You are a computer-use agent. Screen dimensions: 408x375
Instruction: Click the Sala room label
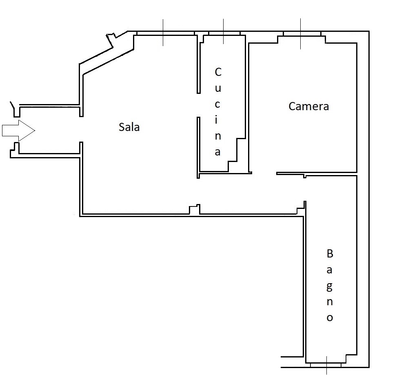[129, 127]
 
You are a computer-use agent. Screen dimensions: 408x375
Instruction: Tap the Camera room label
[308, 106]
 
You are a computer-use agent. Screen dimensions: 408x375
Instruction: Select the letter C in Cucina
[218, 72]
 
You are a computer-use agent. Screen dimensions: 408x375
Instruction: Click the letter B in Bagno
[330, 253]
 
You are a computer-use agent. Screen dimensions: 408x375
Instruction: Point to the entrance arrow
[18, 131]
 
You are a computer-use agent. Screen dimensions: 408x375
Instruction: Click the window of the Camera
[302, 34]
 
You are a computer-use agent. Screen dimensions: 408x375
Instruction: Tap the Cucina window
[224, 33]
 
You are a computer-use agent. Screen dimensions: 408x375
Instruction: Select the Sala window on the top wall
[166, 33]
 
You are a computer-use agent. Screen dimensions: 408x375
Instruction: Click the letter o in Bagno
[330, 318]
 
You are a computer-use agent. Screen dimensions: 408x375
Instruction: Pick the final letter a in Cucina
[218, 152]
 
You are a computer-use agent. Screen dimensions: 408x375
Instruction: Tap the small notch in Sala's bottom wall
[194, 209]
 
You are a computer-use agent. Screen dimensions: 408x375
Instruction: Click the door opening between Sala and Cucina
[199, 105]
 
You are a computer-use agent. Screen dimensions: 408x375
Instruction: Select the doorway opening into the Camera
[264, 173]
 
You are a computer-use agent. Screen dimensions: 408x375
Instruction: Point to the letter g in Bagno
[330, 287]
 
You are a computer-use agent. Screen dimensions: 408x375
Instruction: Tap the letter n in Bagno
[330, 302]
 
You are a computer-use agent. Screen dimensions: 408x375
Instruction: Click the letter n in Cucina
[218, 136]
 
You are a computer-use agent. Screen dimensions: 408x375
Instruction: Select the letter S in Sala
[122, 127]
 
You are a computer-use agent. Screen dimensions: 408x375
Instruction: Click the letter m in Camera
[308, 107]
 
